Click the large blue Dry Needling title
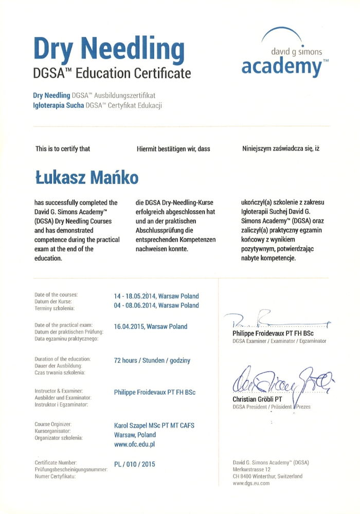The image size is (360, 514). [109, 48]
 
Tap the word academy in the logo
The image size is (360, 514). [281, 66]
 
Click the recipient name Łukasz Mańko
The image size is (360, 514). [86, 178]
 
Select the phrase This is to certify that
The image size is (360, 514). [62, 149]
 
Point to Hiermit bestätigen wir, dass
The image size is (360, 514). [173, 149]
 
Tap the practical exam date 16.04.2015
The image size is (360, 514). [130, 326]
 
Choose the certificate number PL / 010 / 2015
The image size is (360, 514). [134, 465]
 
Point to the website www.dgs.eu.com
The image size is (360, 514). [251, 483]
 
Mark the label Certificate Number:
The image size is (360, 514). [56, 463]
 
